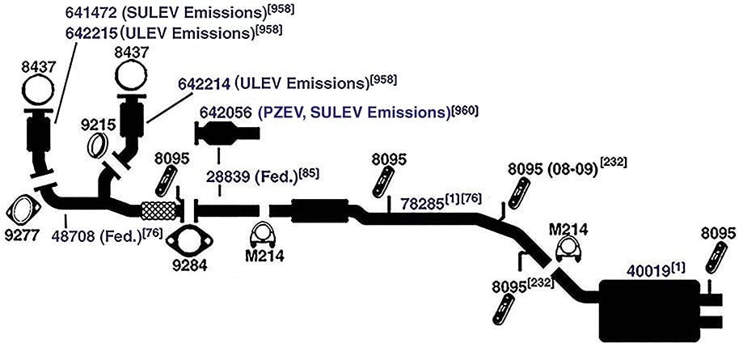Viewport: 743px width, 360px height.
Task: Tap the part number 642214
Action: pos(205,84)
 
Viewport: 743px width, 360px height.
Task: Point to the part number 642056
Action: pos(226,113)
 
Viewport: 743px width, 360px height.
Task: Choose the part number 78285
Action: pos(423,204)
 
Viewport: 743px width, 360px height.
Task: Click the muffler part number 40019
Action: pos(648,271)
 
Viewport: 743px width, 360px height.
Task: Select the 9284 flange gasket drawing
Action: pos(189,241)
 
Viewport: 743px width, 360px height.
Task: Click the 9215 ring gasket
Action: pos(98,145)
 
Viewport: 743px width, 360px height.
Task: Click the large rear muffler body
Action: pos(649,311)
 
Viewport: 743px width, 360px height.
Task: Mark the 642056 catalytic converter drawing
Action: pos(227,133)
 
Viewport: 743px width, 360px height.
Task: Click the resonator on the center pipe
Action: pos(319,210)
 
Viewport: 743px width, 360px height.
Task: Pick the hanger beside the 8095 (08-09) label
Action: pos(519,194)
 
